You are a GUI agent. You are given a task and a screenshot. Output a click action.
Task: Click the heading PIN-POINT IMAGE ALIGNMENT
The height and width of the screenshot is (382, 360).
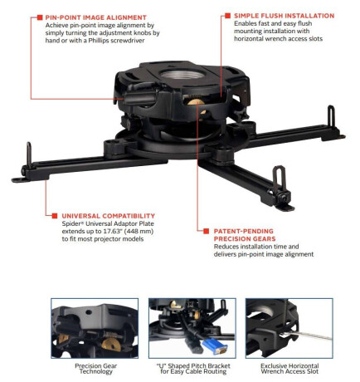pyautogui.click(x=95, y=17)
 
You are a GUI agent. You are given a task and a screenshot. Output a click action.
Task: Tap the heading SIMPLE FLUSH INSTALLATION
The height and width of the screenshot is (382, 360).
pyautogui.click(x=285, y=16)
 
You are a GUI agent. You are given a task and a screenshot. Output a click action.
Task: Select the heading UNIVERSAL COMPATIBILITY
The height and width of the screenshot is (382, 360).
pyautogui.click(x=109, y=216)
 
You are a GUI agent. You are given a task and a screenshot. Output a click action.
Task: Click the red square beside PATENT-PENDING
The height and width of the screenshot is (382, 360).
pyautogui.click(x=206, y=231)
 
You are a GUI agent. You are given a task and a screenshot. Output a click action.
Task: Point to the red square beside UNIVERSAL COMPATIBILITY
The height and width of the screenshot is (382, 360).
pyautogui.click(x=55, y=216)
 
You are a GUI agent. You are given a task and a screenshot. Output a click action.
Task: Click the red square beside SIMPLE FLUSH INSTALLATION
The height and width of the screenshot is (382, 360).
pyautogui.click(x=227, y=16)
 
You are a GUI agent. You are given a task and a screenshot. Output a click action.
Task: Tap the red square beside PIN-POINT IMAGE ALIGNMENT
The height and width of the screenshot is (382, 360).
pyautogui.click(x=40, y=17)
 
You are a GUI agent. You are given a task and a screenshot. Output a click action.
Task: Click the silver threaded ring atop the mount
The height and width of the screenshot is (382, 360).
pyautogui.click(x=182, y=74)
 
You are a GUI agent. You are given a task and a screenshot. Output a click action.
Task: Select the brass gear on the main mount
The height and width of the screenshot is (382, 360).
pyautogui.click(x=196, y=102)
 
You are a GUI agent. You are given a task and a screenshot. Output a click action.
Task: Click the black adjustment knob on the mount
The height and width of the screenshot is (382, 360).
pyautogui.click(x=139, y=98)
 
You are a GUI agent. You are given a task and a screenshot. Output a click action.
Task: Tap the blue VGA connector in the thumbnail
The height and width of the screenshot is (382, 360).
pyautogui.click(x=215, y=348)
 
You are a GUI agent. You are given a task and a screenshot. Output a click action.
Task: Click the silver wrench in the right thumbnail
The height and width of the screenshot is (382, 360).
pyautogui.click(x=306, y=335)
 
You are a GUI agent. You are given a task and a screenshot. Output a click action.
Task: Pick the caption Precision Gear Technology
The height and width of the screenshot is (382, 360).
pyautogui.click(x=96, y=369)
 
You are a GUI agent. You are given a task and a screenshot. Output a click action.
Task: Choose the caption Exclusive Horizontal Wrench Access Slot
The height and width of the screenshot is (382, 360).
pyautogui.click(x=289, y=369)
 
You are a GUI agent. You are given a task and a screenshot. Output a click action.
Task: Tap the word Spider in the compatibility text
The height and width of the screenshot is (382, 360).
pyautogui.click(x=70, y=223)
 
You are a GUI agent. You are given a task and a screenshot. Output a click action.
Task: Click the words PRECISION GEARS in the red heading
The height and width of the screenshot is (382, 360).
pyautogui.click(x=245, y=239)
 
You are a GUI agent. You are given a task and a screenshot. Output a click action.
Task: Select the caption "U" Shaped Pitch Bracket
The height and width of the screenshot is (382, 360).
pyautogui.click(x=193, y=366)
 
